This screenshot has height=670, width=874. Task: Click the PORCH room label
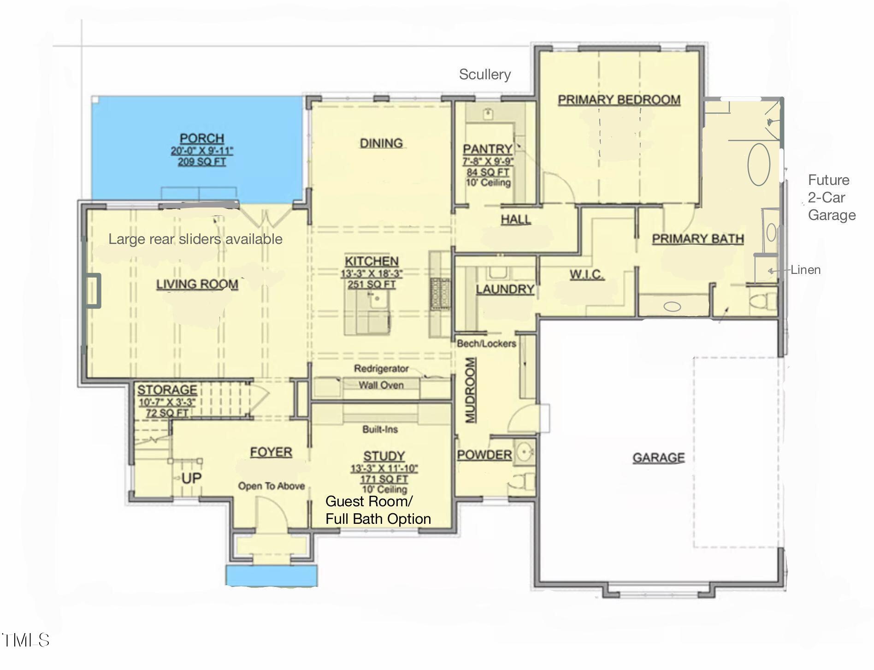[202, 138]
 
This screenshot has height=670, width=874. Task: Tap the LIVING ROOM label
[197, 284]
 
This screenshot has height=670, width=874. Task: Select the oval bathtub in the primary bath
[758, 164]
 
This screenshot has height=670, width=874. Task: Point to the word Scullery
[484, 74]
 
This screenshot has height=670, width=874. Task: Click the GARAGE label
[658, 457]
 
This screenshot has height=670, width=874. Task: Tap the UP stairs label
[191, 478]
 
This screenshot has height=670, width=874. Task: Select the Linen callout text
[805, 270]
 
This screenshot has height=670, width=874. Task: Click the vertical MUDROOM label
[470, 390]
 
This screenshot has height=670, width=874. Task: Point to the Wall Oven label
[381, 385]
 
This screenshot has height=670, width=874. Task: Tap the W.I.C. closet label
[586, 275]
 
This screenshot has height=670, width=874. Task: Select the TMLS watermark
[26, 640]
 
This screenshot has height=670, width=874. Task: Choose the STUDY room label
[384, 456]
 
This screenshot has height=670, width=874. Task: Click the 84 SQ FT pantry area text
[488, 172]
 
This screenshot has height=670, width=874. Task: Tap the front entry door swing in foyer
[271, 512]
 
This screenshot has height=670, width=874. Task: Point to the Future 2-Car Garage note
[831, 197]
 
